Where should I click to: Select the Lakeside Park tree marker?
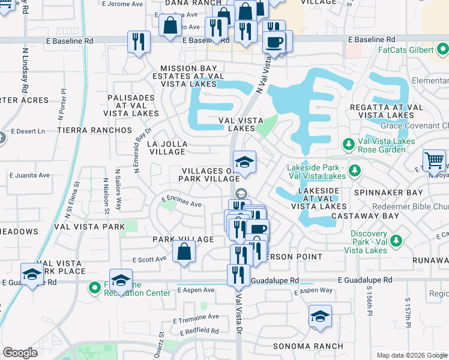coord(355,170)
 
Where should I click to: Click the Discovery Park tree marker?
coord(396,241)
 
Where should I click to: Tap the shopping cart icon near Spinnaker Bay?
coord(435,161)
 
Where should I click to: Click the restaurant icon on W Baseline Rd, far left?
coord(139,42)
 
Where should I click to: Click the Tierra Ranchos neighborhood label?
coord(94,130)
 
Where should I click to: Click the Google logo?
coord(20,353)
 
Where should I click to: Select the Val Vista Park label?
coord(89,227)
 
